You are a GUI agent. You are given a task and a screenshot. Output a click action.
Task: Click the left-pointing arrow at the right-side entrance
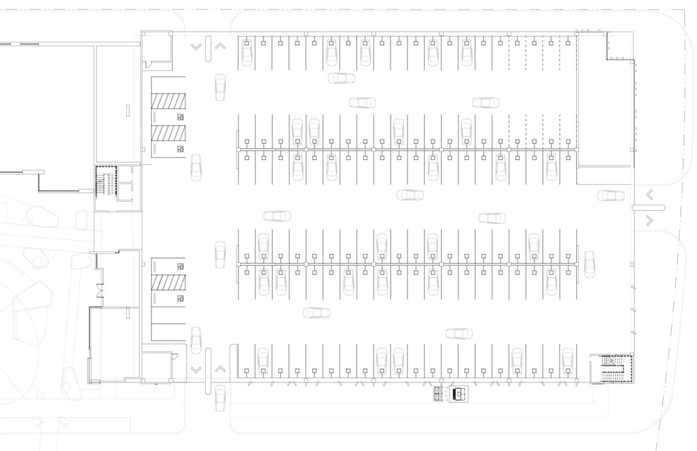point(649,195)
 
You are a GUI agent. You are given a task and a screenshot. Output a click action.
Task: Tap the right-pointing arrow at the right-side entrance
point(649,220)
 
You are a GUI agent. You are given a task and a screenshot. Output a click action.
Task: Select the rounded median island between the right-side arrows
point(645,207)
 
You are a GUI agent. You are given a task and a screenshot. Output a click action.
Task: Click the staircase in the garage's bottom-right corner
point(612,368)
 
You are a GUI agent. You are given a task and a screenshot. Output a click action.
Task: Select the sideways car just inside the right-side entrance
point(610,195)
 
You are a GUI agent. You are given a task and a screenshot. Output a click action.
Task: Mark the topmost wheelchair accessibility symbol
point(181,117)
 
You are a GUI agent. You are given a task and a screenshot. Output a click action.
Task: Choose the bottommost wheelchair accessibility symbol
point(181,299)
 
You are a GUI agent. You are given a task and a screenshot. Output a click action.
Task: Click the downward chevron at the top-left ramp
point(196,46)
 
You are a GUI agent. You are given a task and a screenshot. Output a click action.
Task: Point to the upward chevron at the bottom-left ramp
point(220,368)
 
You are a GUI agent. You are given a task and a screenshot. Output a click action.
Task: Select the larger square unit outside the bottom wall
point(459,395)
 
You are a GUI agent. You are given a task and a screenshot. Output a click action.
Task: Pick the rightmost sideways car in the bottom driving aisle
point(459,334)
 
